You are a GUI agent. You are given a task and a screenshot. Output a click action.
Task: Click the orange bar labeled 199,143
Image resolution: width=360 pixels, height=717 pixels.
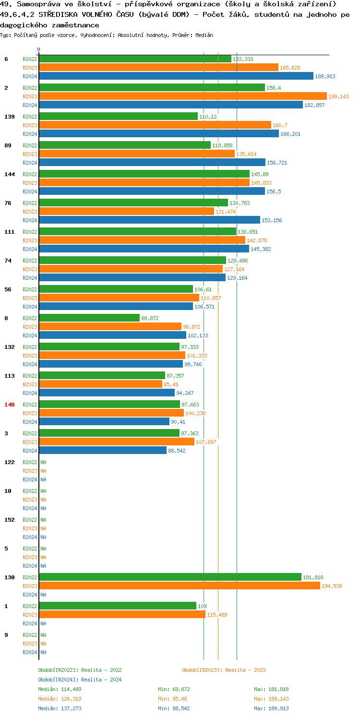[x=182, y=96]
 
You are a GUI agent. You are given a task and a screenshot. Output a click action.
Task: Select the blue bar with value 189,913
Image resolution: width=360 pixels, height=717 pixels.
[x=176, y=76]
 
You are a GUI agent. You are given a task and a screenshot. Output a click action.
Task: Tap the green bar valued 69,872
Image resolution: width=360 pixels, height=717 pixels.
[x=89, y=318]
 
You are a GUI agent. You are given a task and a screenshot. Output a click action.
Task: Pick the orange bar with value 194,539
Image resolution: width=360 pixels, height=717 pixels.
[x=179, y=586]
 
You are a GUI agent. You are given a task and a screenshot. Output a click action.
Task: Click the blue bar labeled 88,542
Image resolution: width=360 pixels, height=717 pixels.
[x=103, y=450]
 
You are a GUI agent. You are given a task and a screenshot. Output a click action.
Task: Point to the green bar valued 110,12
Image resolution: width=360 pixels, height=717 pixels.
[x=118, y=116]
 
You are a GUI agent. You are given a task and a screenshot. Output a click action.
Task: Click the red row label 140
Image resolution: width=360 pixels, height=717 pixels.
[x=10, y=405]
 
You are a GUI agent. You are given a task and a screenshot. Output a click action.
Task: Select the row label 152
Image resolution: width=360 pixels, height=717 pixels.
[x=10, y=520]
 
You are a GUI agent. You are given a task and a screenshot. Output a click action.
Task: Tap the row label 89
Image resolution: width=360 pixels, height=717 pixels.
[x=8, y=145]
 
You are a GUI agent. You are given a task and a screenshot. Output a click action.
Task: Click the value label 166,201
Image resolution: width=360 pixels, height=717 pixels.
[x=290, y=134]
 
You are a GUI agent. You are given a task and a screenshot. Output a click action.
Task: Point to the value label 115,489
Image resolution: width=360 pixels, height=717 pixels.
[x=217, y=615]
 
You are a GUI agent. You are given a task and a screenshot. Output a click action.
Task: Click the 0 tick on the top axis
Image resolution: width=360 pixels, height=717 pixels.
[x=39, y=49]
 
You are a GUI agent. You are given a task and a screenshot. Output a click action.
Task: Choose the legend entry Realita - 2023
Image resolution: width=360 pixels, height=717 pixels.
[x=224, y=670]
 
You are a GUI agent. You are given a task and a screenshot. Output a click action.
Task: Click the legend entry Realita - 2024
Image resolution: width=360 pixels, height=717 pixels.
[x=80, y=680]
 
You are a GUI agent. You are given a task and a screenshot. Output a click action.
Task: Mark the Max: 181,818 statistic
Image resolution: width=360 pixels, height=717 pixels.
[x=271, y=689]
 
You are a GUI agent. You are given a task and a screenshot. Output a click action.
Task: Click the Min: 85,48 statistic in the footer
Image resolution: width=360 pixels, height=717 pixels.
[x=174, y=699]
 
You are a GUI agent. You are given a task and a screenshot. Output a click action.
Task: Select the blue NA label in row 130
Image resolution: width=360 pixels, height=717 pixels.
[x=43, y=595]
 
